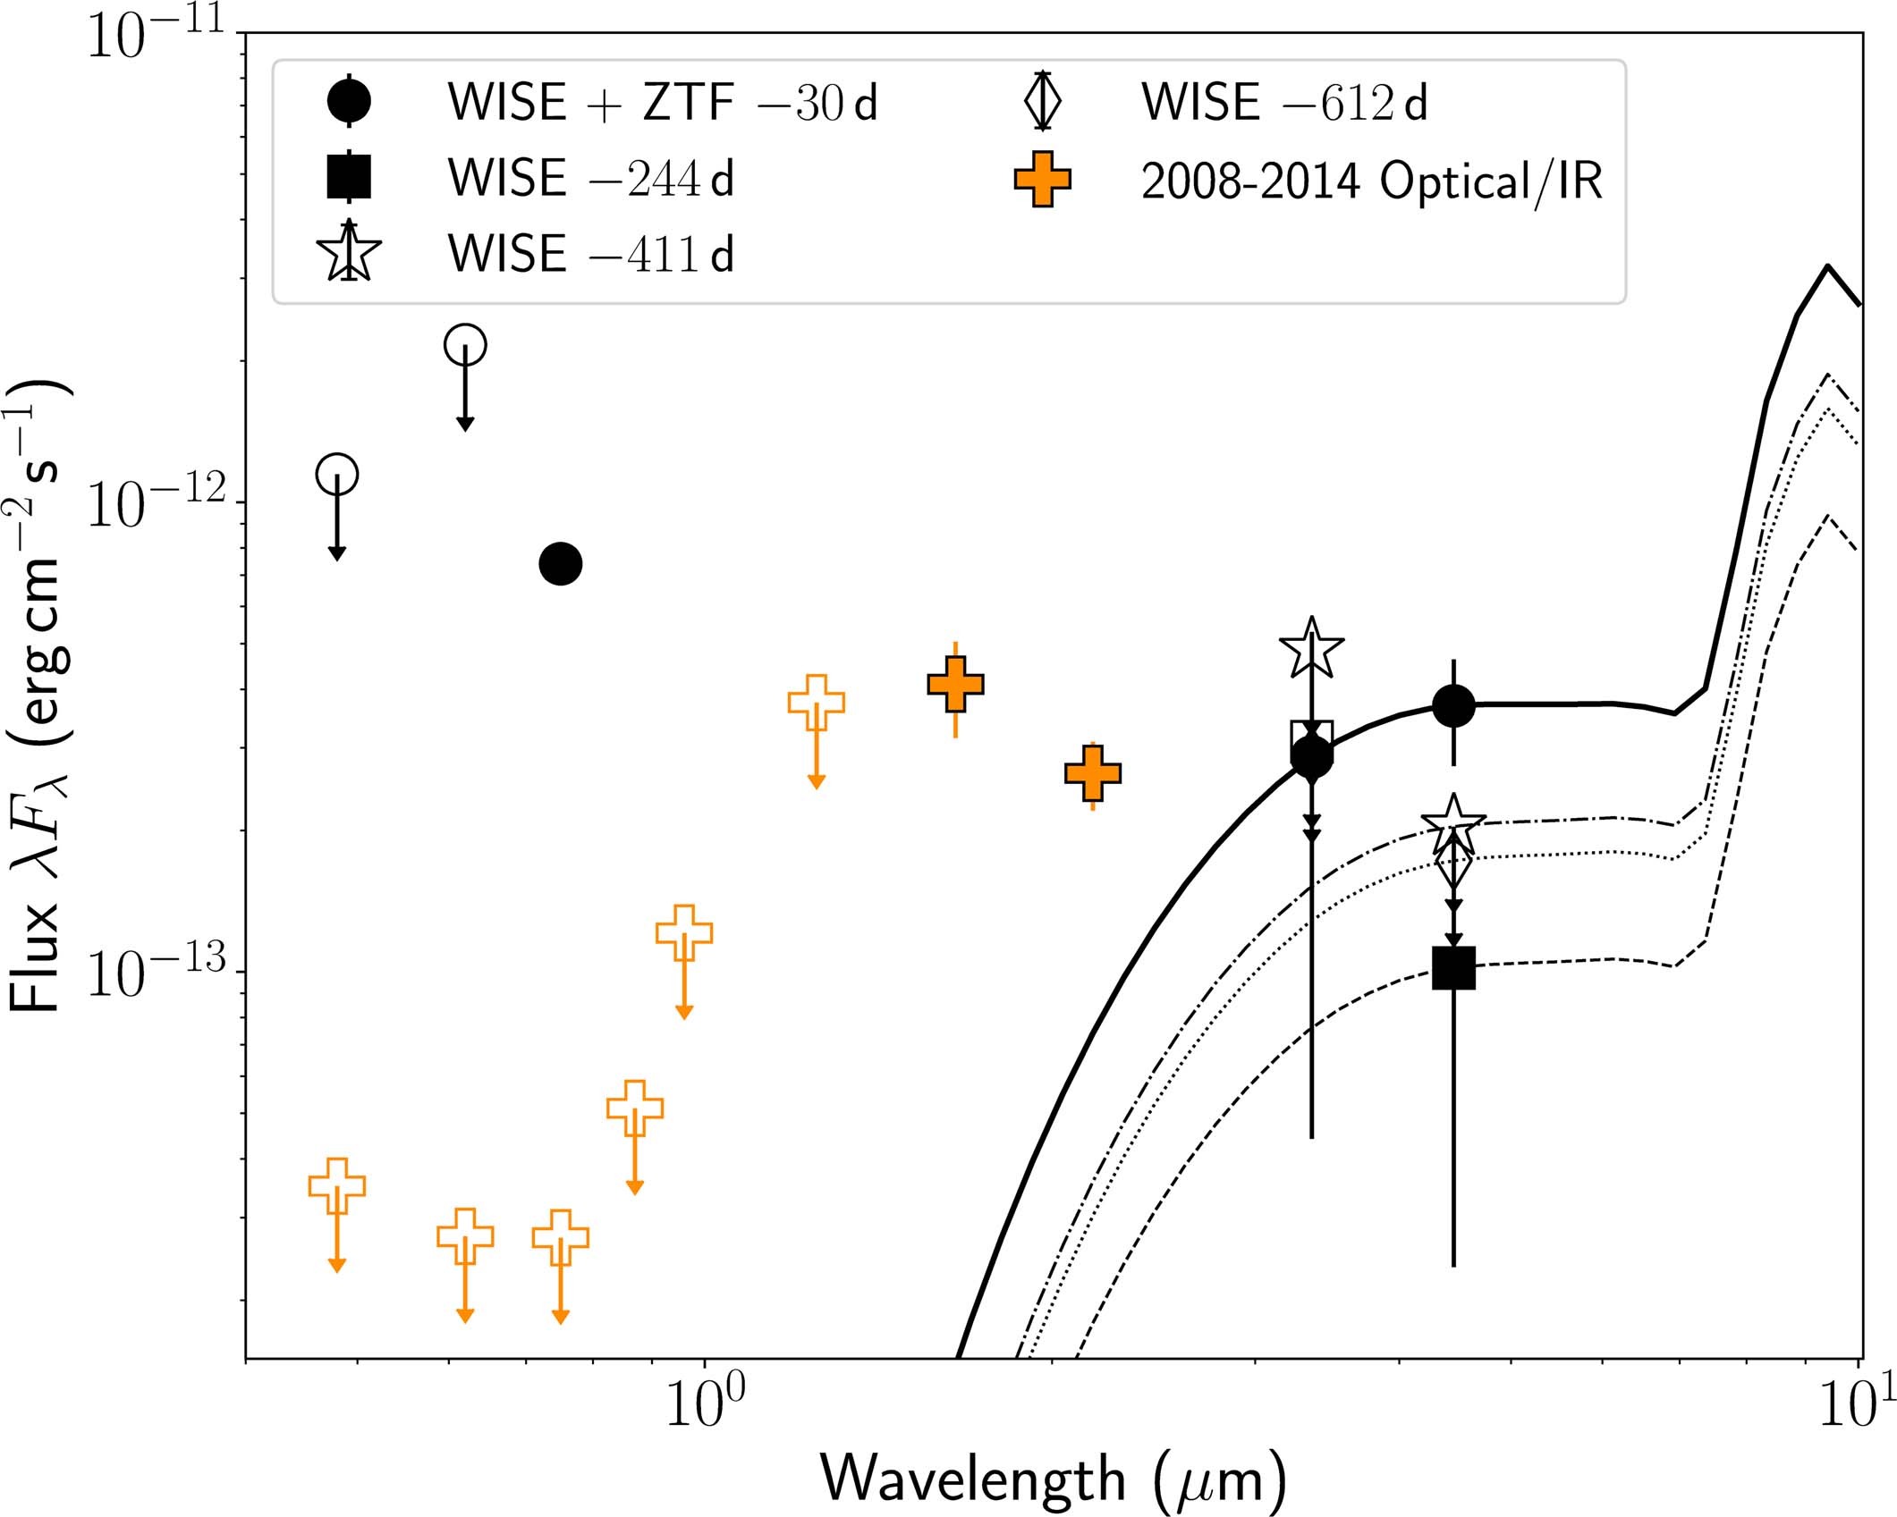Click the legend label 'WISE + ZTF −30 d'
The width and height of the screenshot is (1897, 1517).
(x=662, y=103)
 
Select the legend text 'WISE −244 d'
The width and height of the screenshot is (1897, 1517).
(x=590, y=178)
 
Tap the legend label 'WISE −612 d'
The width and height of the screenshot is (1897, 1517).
(x=1283, y=103)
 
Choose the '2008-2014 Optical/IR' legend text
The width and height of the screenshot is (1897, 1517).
(x=1371, y=181)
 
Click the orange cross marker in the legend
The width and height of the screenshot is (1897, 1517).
(x=1042, y=179)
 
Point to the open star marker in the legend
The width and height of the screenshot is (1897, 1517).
(x=349, y=253)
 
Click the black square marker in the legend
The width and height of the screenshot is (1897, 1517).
(x=349, y=176)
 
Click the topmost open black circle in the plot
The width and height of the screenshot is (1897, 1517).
(x=465, y=344)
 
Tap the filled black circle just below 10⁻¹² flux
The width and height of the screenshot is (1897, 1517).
(x=561, y=563)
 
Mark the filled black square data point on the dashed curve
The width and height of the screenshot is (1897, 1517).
(x=1453, y=968)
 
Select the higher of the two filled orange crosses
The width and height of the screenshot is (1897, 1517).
(x=956, y=685)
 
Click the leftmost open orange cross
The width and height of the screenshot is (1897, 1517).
(x=336, y=1186)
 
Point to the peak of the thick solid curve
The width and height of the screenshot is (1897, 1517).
(x=1827, y=265)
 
